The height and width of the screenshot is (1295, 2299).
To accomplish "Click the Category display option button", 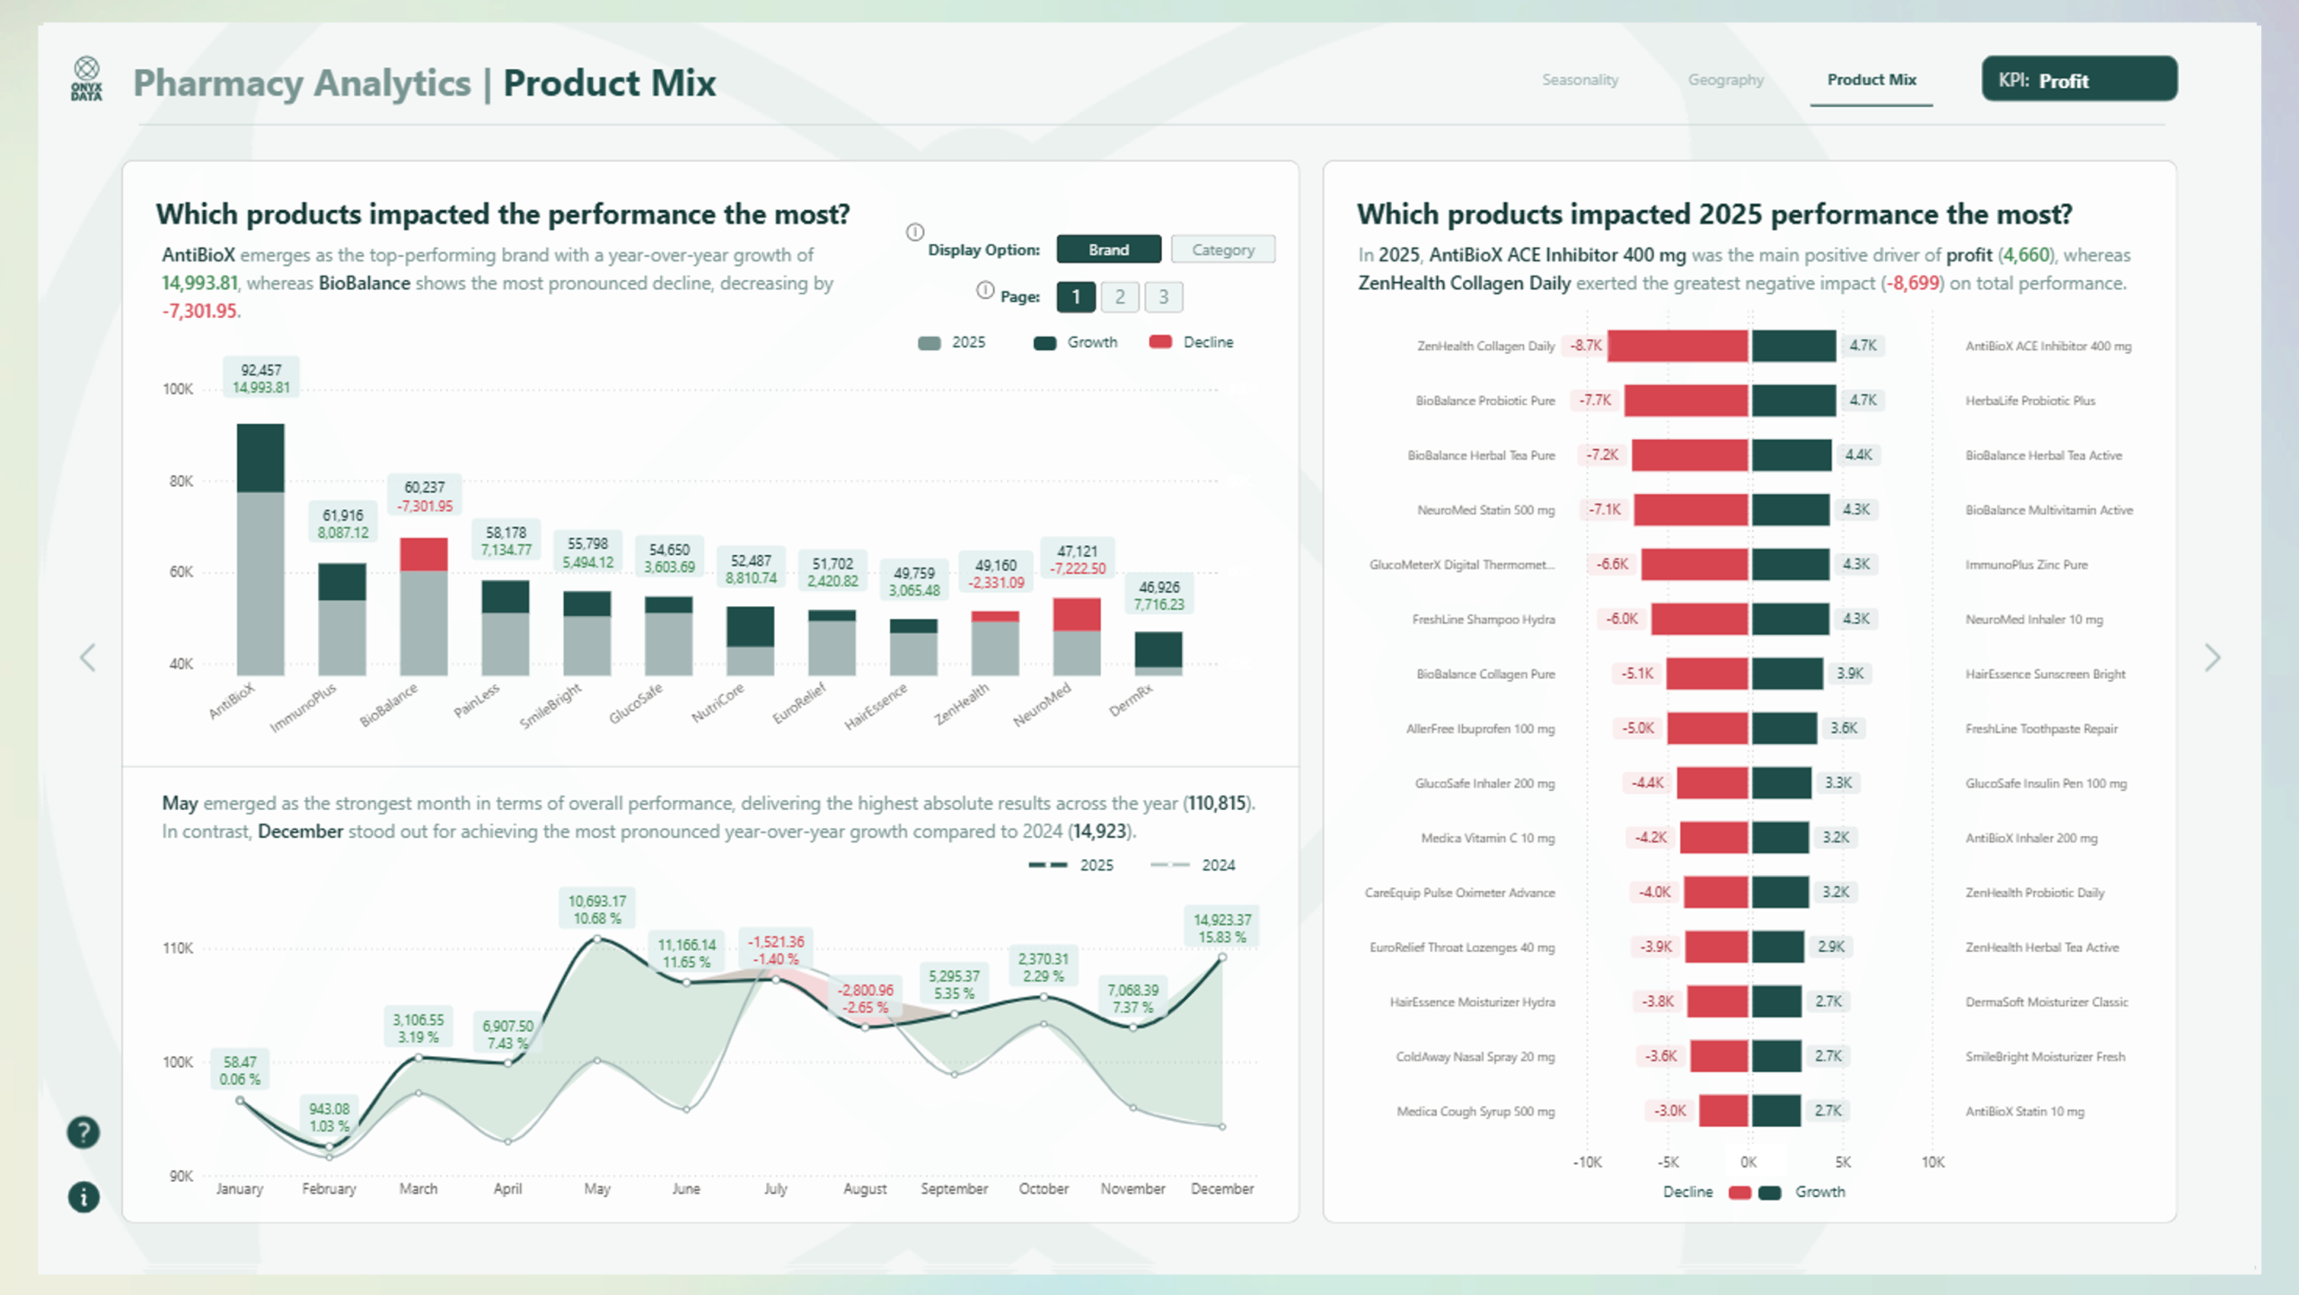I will pos(1222,250).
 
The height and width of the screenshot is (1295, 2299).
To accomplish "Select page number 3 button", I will pos(1163,297).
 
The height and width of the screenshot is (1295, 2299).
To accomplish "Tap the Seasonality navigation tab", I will pos(1580,80).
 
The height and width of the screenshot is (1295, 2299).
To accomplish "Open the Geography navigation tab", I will pos(1725,80).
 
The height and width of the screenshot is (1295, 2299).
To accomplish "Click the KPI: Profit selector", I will pos(2078,80).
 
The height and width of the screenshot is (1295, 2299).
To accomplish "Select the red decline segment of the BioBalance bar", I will pos(424,554).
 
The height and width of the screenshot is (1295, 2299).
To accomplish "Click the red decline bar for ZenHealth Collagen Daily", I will pos(1677,346).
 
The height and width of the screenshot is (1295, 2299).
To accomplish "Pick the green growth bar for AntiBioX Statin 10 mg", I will pos(1775,1111).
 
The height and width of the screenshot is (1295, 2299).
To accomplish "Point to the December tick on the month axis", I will pos(1221,1188).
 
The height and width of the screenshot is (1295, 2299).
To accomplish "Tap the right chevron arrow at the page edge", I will pos(2212,657).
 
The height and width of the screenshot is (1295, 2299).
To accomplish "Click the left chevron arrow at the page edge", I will pos(88,657).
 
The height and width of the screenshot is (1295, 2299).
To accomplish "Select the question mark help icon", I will pos(84,1132).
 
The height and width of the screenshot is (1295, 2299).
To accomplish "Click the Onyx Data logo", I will pos(86,79).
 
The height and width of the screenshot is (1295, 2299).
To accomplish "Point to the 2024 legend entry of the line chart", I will pos(1194,865).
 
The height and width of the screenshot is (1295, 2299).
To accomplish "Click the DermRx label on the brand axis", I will pos(1131,700).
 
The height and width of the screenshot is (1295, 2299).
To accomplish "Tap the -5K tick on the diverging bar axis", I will pos(1668,1162).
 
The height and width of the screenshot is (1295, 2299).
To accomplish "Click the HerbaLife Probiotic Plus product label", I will pos(2030,401).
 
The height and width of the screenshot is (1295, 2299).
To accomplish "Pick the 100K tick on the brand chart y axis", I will pos(178,389).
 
